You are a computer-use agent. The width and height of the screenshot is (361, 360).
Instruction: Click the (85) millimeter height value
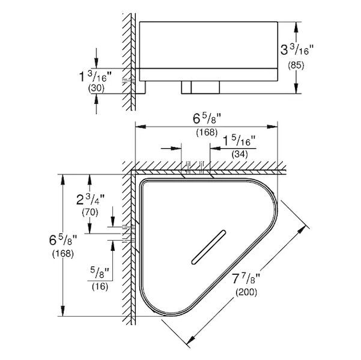296,65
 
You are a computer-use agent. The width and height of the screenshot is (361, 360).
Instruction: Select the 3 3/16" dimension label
297,50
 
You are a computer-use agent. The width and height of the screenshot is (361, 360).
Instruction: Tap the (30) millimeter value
96,89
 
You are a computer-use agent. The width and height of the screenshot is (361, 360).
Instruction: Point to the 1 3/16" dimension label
96,77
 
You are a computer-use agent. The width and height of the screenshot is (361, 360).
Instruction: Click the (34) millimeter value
240,154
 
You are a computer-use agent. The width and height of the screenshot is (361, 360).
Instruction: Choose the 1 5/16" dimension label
240,141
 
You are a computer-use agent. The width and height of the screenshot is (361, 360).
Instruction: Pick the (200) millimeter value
246,292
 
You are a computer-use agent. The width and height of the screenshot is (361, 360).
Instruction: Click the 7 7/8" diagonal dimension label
246,279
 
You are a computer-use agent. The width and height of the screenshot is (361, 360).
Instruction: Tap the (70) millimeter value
90,212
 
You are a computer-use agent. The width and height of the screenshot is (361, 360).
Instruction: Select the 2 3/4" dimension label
91,199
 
